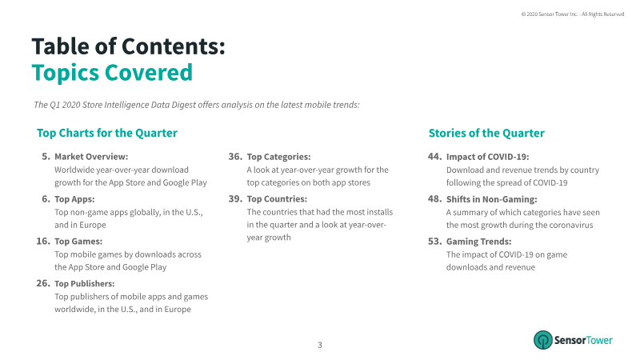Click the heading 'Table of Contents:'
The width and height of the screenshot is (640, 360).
pos(128,46)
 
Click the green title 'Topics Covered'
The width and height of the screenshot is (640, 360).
pos(112,73)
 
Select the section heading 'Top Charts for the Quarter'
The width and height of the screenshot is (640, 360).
pos(107,133)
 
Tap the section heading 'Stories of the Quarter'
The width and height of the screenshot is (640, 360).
pos(486,133)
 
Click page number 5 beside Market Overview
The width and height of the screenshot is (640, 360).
pos(46,157)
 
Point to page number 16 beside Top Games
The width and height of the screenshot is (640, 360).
pos(42,241)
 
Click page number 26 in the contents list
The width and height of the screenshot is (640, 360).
pos(42,283)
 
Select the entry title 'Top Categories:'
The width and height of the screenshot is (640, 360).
pos(278,157)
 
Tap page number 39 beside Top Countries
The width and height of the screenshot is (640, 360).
pos(235,198)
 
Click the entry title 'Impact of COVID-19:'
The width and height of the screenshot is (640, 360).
pos(487,157)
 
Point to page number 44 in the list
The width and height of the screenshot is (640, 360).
pos(435,157)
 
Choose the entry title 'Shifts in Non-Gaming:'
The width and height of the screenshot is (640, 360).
pos(491,198)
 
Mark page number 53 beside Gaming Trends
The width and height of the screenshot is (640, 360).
pos(435,241)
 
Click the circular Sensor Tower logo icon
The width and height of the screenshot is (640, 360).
pos(543,340)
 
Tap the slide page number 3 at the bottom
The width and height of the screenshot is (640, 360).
pos(320,345)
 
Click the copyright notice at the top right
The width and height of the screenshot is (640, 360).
pos(572,14)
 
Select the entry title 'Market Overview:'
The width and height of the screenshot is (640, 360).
pos(91,157)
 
